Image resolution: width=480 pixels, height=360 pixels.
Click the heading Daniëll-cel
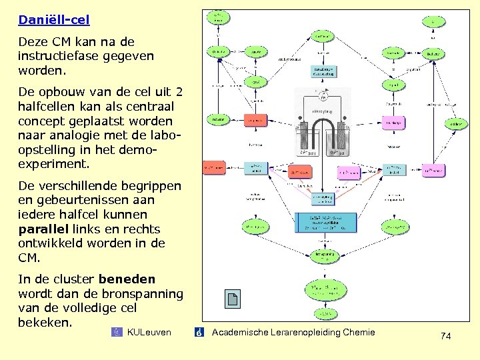(53, 20)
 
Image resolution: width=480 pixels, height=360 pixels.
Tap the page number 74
(446, 337)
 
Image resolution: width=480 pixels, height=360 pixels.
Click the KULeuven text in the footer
(149, 332)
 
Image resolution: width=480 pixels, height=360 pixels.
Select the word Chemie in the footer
(358, 332)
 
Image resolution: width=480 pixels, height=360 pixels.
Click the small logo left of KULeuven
(117, 332)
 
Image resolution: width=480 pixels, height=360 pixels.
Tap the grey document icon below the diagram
(233, 299)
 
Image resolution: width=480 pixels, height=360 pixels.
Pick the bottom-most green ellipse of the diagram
(325, 314)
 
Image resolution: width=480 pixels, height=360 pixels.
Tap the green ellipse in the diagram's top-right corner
(433, 21)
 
